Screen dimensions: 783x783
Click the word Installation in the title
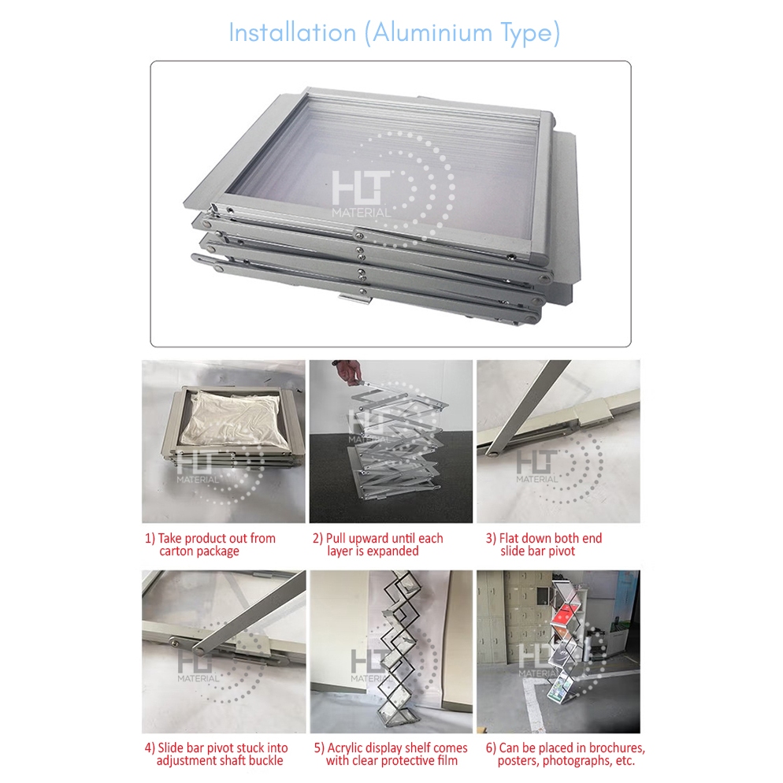coord(292,33)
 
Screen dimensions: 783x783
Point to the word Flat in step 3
coord(509,538)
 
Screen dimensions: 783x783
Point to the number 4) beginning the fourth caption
coord(150,748)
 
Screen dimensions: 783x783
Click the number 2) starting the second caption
coord(318,539)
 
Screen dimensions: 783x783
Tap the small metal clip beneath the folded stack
coord(355,299)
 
